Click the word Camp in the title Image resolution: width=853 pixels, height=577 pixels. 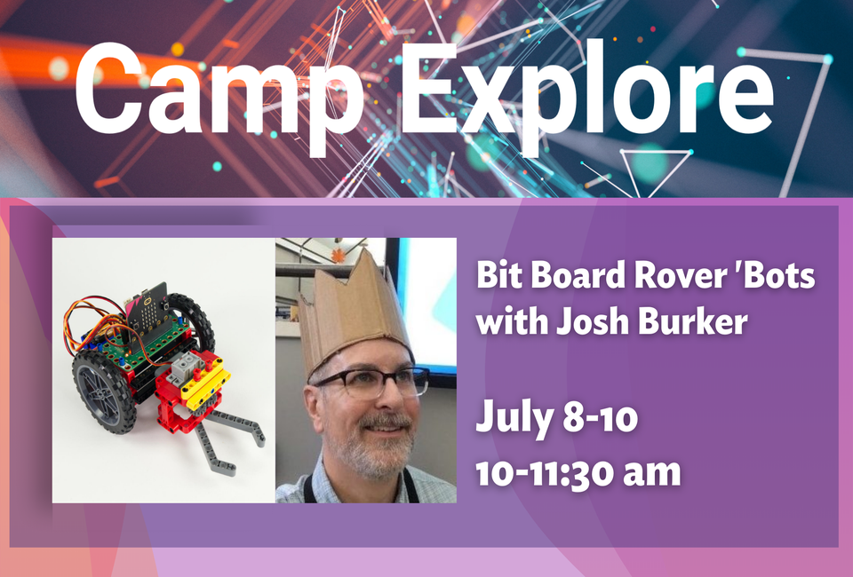click(x=219, y=90)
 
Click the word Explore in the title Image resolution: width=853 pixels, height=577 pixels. click(x=587, y=90)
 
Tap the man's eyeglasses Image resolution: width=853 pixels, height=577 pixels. click(x=371, y=382)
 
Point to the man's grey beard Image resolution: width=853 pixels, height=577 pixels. click(x=374, y=452)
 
